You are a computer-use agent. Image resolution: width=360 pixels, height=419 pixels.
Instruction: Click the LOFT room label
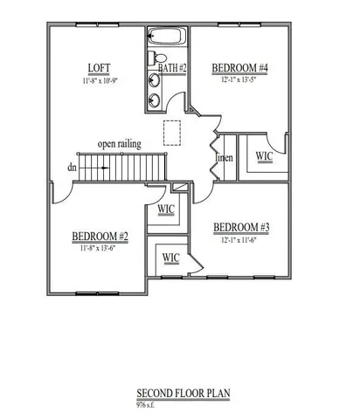pyautogui.click(x=97, y=69)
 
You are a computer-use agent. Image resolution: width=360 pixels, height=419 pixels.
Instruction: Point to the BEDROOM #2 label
pyautogui.click(x=100, y=237)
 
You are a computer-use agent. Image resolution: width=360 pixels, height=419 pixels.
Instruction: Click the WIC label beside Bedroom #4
pyautogui.click(x=264, y=156)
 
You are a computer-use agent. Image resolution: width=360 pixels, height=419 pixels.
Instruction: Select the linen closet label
pyautogui.click(x=225, y=158)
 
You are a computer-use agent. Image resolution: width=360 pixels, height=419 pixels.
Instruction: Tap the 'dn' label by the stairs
pyautogui.click(x=69, y=167)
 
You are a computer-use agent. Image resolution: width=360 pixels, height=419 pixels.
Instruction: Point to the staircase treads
pyautogui.click(x=113, y=167)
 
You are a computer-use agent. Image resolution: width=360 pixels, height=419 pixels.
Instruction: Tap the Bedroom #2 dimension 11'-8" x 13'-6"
pyautogui.click(x=100, y=248)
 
